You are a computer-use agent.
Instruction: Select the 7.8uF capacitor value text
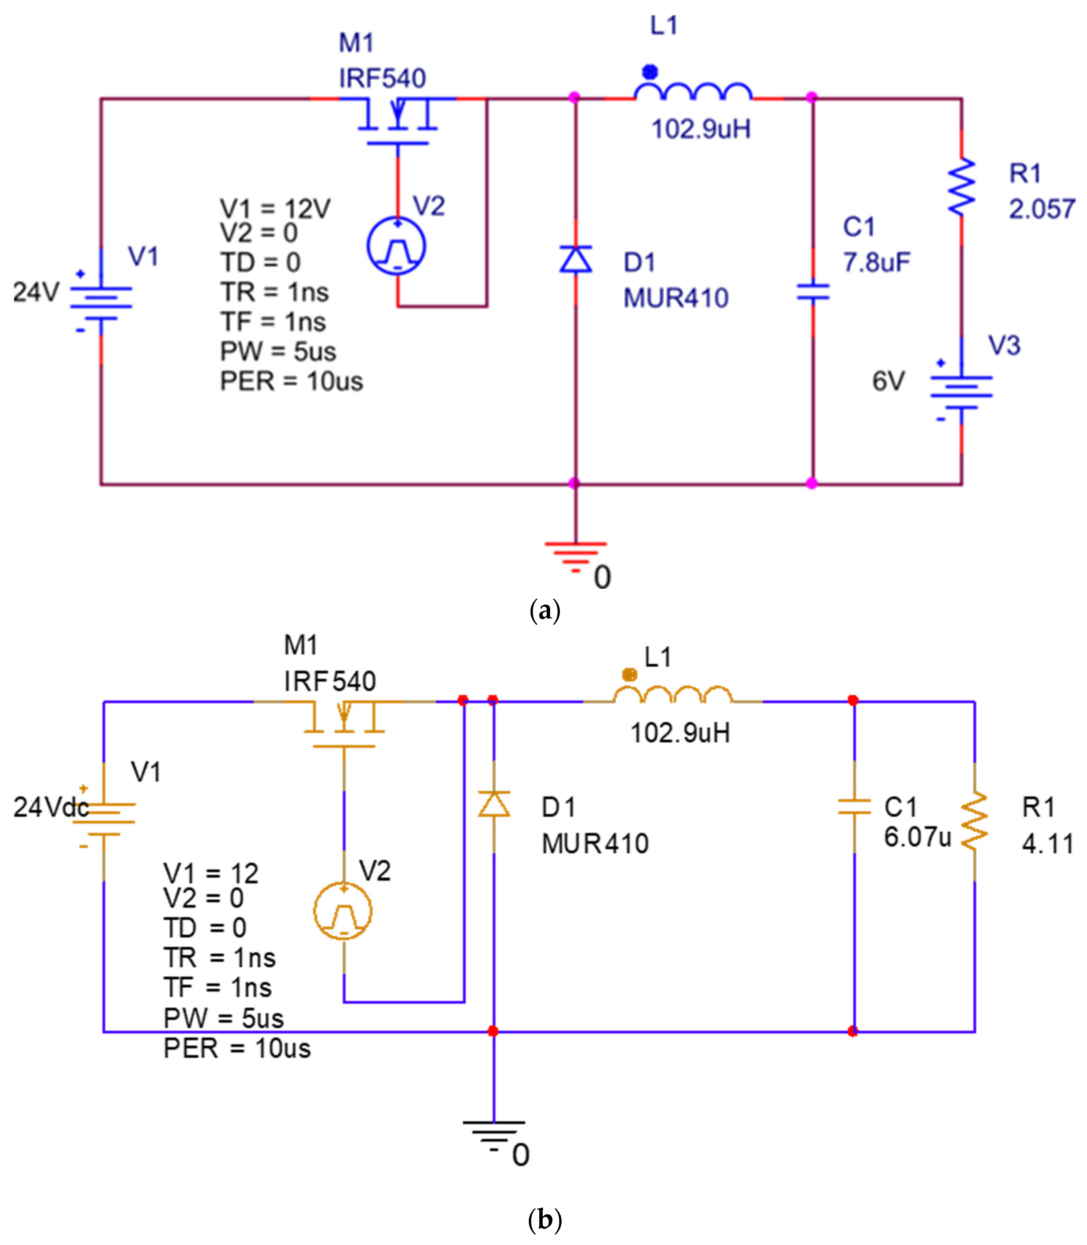pyautogui.click(x=876, y=262)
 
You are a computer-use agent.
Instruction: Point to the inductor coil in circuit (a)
pyautogui.click(x=693, y=92)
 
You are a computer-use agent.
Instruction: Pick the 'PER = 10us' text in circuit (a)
pyautogui.click(x=291, y=381)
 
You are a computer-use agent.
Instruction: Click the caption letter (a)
pyautogui.click(x=544, y=610)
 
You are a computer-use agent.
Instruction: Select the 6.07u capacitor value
pyautogui.click(x=917, y=837)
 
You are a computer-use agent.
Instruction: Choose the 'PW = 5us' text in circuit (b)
pyautogui.click(x=223, y=1018)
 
